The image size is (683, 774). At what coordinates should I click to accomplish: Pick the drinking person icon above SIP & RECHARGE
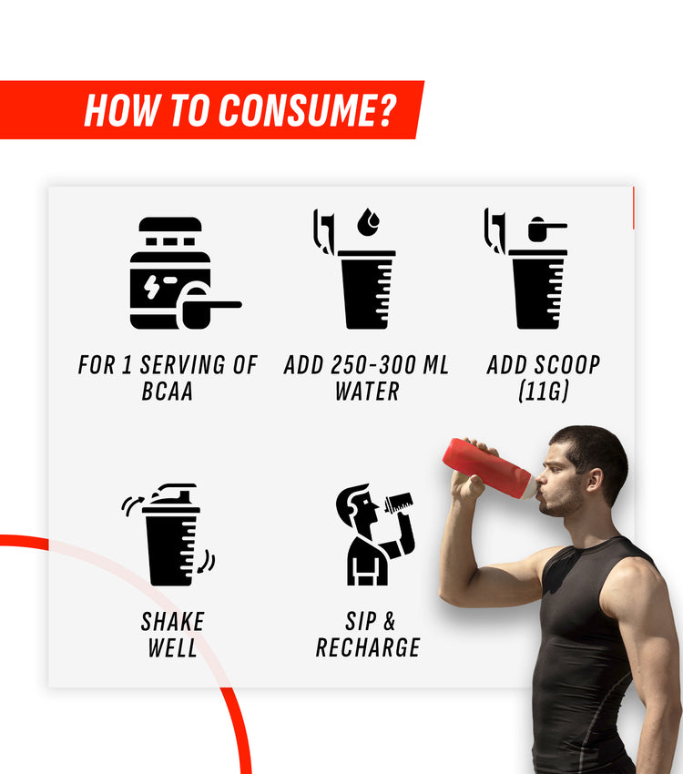pyautogui.click(x=375, y=535)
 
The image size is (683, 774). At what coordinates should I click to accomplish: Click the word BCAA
pyautogui.click(x=168, y=391)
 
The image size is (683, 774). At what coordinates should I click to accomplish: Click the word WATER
pyautogui.click(x=367, y=391)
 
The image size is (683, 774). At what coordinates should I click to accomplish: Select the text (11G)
pyautogui.click(x=544, y=391)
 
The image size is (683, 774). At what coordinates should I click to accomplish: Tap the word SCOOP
pyautogui.click(x=567, y=365)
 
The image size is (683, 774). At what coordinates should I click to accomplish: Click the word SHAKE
pyautogui.click(x=173, y=621)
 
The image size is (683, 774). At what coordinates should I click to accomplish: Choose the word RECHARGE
pyautogui.click(x=368, y=647)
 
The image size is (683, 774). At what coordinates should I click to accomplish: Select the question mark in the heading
pyautogui.click(x=388, y=110)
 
